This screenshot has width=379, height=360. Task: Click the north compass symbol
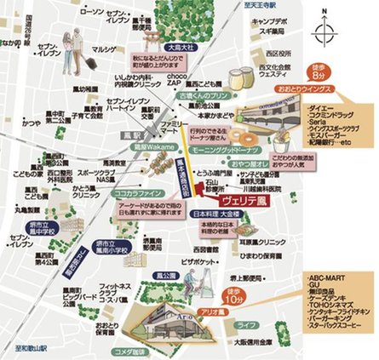pos(323,33)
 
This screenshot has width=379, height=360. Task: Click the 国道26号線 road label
pos(10,41)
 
